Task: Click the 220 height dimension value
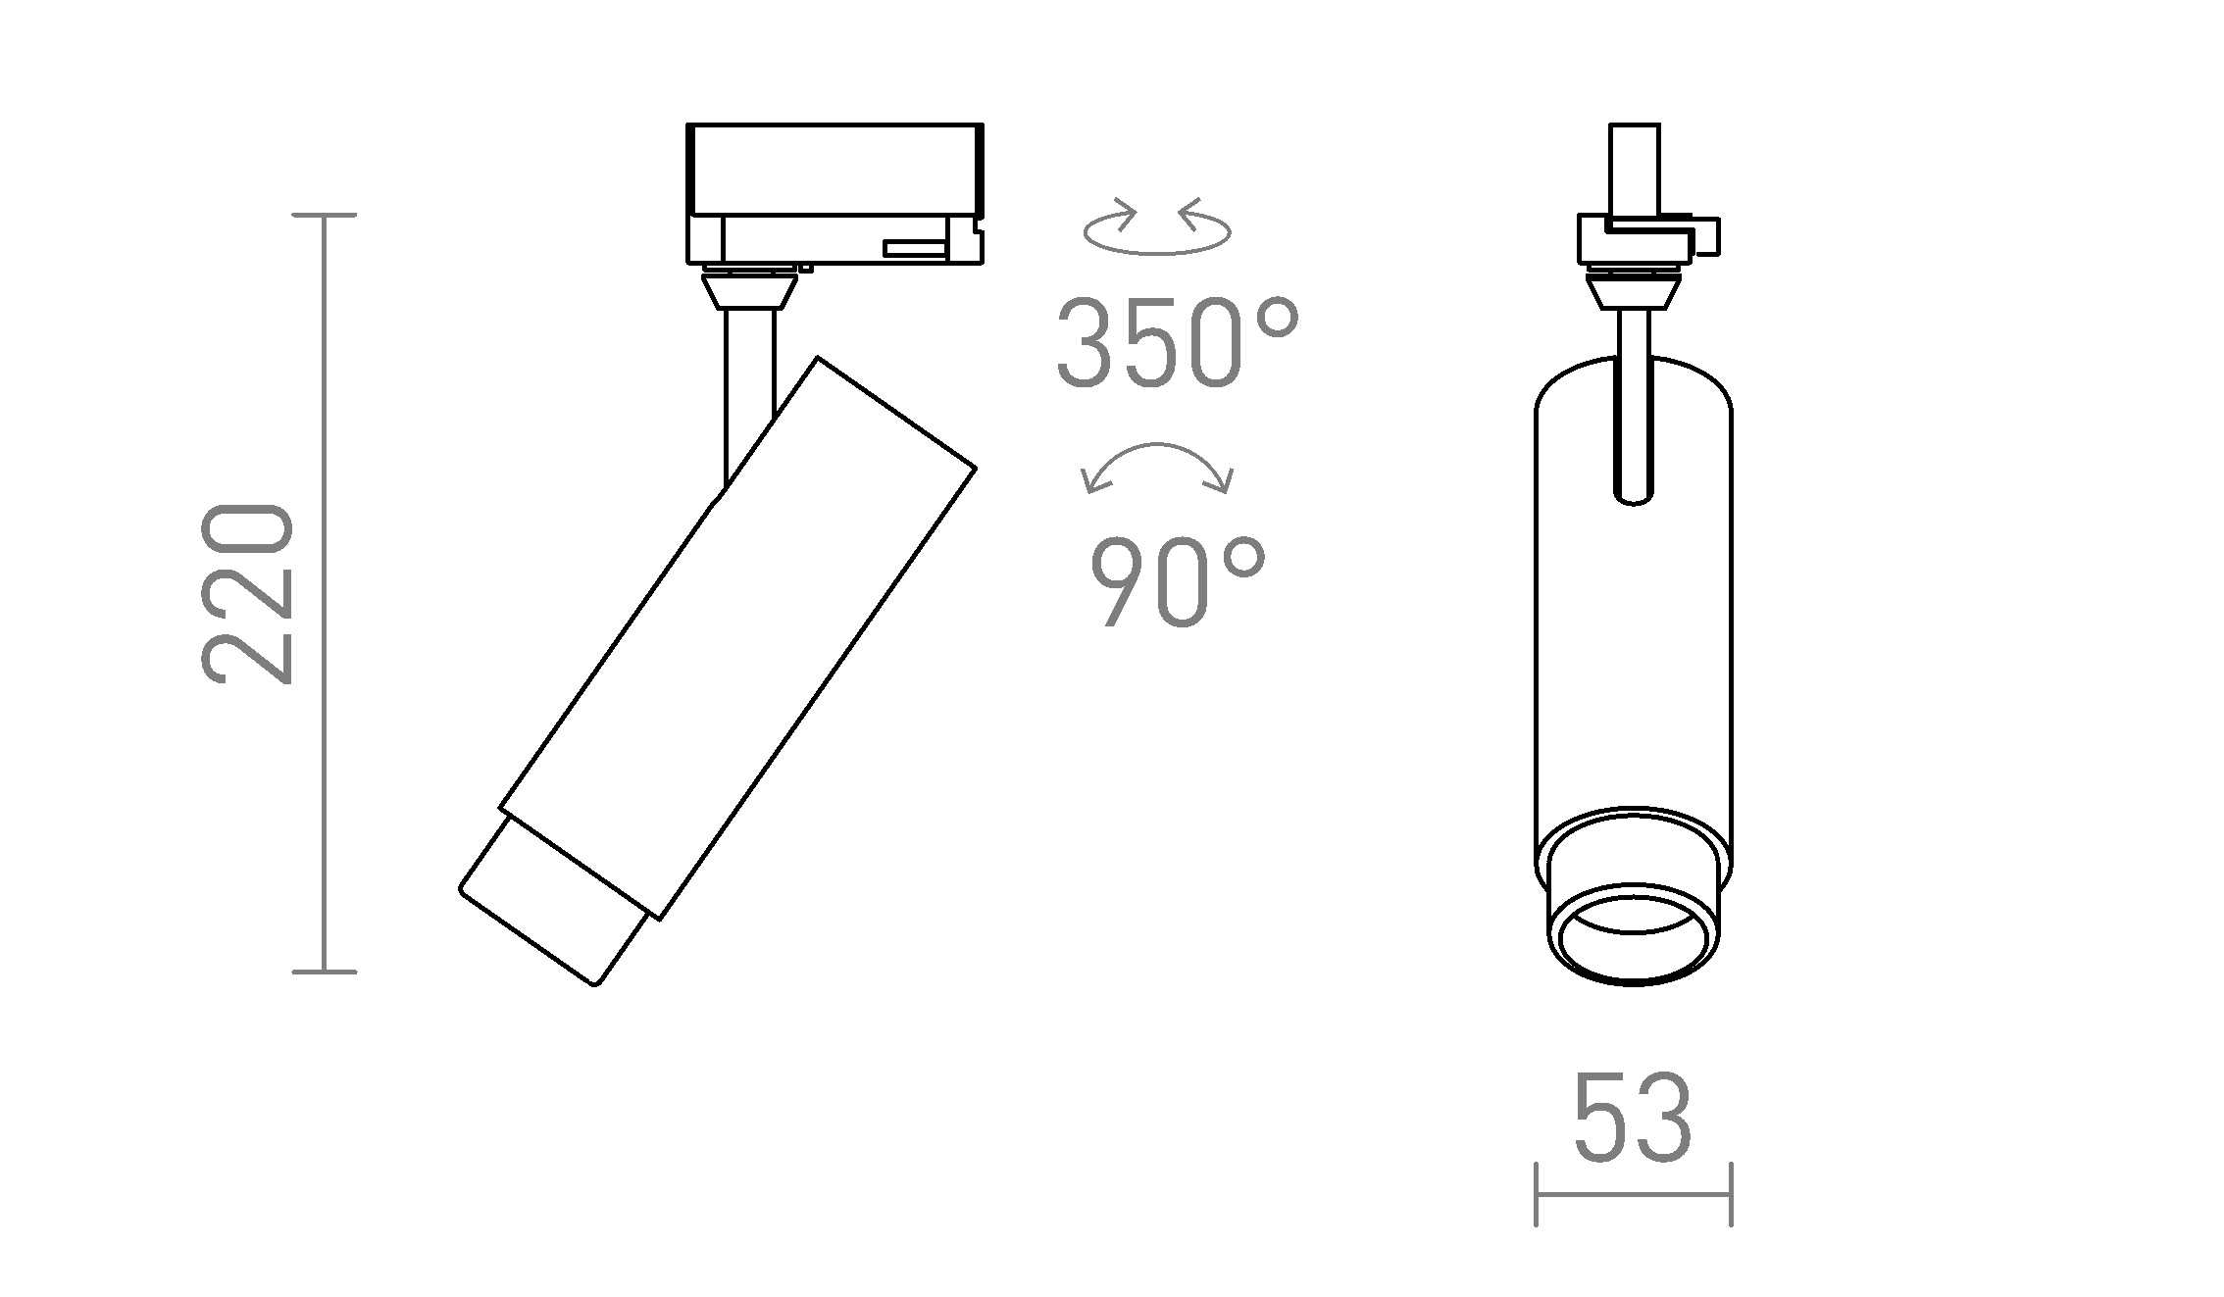click(247, 593)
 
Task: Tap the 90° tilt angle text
click(1177, 584)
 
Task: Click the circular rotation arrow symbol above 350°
click(1157, 231)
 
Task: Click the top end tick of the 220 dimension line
click(325, 215)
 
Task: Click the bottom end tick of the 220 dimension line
click(325, 972)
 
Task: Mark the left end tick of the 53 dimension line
click(1536, 1194)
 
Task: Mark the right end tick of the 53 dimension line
click(1732, 1194)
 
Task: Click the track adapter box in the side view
click(834, 172)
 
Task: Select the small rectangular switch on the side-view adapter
click(914, 248)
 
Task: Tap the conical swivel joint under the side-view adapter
click(749, 291)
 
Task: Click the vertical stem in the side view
click(749, 392)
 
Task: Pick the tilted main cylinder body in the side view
click(737, 637)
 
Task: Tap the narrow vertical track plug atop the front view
click(1635, 172)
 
